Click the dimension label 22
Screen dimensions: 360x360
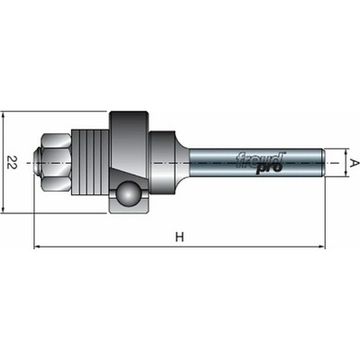click(12, 163)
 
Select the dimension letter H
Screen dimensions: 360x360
click(179, 237)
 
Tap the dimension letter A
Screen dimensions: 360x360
click(355, 163)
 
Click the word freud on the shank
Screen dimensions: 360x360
click(260, 159)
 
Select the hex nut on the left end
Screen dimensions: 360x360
click(57, 163)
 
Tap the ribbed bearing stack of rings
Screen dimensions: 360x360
click(90, 163)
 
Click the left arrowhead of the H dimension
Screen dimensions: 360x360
click(37, 247)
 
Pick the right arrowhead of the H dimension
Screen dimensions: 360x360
click(321, 247)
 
